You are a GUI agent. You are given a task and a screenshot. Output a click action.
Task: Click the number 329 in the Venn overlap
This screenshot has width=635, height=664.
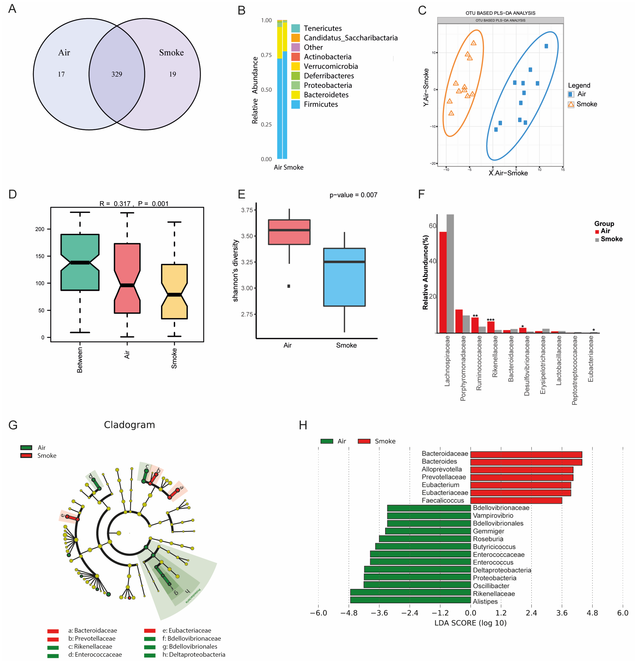117,74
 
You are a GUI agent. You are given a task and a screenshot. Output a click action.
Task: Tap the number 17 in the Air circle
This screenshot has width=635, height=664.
61,74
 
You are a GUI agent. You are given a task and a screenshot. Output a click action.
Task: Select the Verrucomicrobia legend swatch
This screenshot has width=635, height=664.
296,66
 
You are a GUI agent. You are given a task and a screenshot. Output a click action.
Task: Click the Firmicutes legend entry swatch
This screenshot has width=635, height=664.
296,104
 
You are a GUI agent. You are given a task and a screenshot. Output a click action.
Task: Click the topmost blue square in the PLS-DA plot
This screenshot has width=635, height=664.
546,46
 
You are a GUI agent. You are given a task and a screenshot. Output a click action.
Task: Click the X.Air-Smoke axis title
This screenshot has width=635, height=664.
508,173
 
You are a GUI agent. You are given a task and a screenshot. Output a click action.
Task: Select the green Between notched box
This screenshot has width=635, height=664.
80,262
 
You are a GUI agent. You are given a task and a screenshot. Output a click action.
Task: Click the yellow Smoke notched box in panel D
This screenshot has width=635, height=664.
174,291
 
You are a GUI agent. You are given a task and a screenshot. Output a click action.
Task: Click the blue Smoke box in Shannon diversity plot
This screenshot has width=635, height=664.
344,277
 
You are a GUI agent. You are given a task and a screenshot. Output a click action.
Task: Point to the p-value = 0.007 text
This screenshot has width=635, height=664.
353,195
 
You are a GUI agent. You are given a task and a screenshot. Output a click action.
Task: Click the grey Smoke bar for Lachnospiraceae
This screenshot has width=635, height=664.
450,273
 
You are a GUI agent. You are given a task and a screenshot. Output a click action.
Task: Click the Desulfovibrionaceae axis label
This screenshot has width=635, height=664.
527,365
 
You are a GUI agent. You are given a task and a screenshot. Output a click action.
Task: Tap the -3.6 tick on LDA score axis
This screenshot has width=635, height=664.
380,613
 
